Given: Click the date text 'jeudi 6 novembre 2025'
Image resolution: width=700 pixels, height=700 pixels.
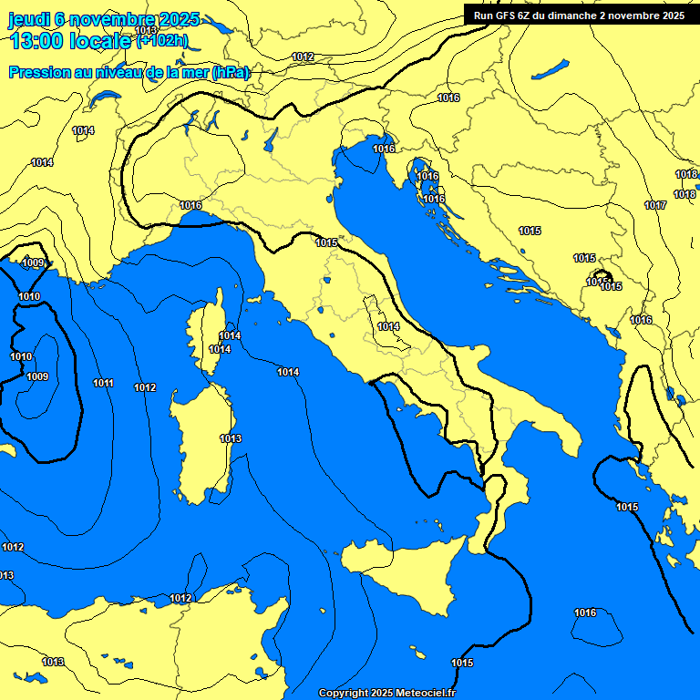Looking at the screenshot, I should [104, 19].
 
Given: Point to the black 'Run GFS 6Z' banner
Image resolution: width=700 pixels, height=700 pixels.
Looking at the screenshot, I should [580, 15].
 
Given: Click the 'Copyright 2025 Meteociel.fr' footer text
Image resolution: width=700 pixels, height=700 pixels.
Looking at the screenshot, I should [386, 693].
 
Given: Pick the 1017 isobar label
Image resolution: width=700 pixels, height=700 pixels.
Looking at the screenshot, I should [655, 205].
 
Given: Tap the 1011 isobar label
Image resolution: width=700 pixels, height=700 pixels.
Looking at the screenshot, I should [103, 384].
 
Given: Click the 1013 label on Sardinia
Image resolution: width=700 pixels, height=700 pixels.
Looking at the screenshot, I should [231, 438].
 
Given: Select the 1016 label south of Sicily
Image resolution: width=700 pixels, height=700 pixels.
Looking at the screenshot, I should [585, 612].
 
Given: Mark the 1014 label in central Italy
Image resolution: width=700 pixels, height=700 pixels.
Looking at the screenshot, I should [388, 326].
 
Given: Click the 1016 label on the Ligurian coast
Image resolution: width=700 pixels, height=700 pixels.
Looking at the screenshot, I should [190, 205].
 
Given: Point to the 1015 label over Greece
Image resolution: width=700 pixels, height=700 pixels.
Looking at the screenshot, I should [627, 507].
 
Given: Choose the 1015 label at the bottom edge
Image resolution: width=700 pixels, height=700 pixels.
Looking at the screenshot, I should [462, 663].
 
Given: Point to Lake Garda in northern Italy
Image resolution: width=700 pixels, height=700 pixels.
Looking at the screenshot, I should [272, 139].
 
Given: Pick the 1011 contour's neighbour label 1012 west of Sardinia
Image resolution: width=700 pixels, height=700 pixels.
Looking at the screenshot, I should [145, 387].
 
